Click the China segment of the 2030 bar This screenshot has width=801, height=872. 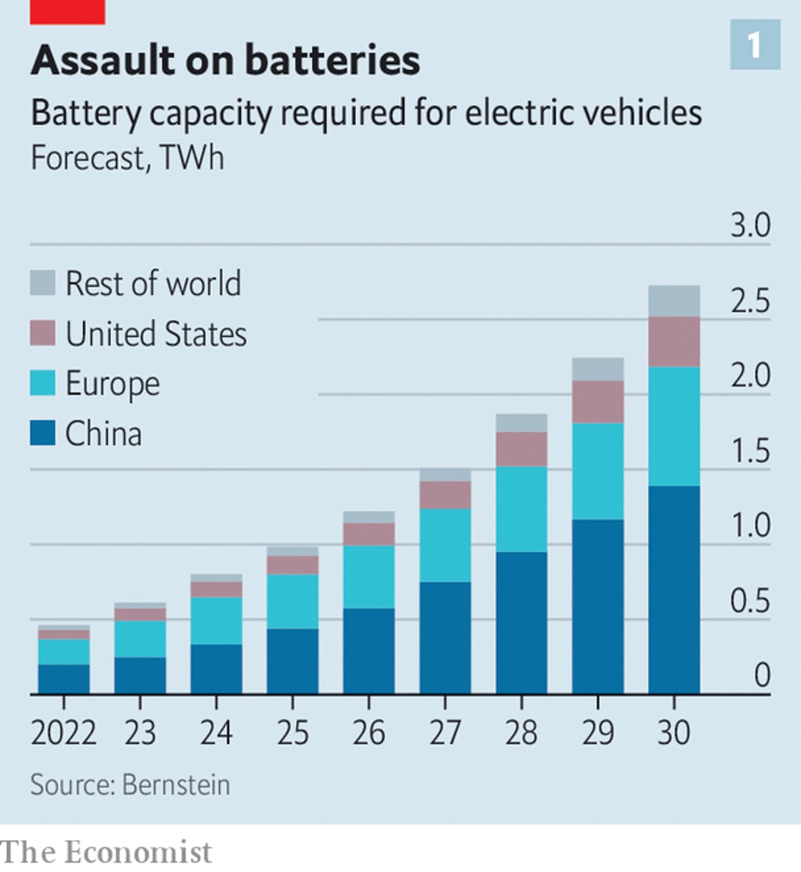pyautogui.click(x=674, y=590)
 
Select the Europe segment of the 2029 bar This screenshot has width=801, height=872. pyautogui.click(x=598, y=471)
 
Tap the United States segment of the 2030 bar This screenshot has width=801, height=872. pyautogui.click(x=674, y=341)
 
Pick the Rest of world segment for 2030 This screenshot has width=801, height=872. pyautogui.click(x=674, y=301)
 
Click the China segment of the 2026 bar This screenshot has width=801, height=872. pyautogui.click(x=369, y=651)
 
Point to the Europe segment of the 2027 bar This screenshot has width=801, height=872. pyautogui.click(x=445, y=545)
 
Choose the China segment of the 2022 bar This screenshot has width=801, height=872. pyautogui.click(x=64, y=679)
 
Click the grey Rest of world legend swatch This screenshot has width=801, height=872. pyautogui.click(x=43, y=283)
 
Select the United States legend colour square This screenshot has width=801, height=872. pyautogui.click(x=43, y=333)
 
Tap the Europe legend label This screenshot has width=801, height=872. pyautogui.click(x=113, y=384)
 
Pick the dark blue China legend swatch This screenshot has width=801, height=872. pyautogui.click(x=43, y=433)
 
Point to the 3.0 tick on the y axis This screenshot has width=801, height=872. pyautogui.click(x=750, y=225)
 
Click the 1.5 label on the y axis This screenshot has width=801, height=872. pyautogui.click(x=750, y=451)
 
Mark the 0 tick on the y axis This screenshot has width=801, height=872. pyautogui.click(x=762, y=675)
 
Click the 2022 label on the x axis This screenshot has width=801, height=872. pyautogui.click(x=64, y=732)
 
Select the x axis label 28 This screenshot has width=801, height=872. pyautogui.click(x=521, y=732)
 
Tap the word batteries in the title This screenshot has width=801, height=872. pyautogui.click(x=332, y=61)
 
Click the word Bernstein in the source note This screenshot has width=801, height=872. pyautogui.click(x=176, y=785)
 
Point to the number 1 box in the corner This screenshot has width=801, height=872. pyautogui.click(x=755, y=44)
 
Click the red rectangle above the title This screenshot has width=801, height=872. pyautogui.click(x=67, y=11)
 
